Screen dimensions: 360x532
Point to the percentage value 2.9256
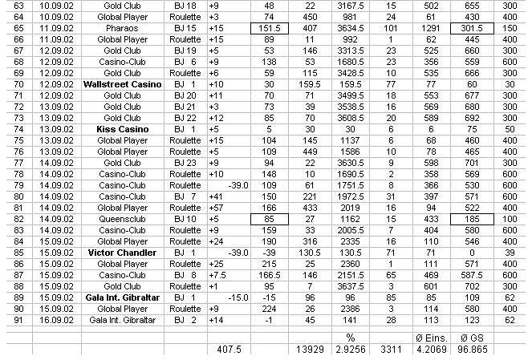click(350, 350)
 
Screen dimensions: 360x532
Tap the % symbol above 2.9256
click(350, 338)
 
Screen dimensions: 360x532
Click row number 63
click(14, 4)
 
